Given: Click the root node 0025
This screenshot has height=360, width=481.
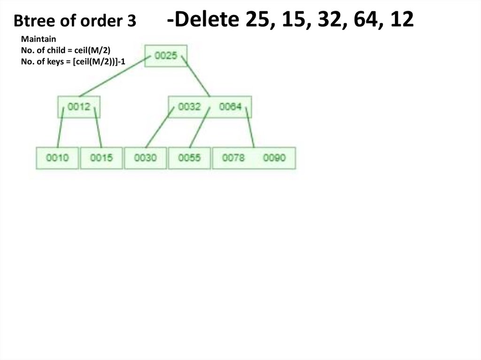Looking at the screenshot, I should click(166, 56).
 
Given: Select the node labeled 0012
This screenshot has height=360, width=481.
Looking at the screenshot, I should click(78, 107).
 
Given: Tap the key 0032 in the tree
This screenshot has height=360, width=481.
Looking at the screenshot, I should click(189, 107).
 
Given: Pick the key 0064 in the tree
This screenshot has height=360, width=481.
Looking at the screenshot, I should click(230, 107).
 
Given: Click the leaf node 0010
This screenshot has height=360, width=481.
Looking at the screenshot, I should click(57, 158).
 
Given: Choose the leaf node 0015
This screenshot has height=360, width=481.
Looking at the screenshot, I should click(101, 158).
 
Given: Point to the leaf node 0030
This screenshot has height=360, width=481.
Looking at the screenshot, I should click(145, 158).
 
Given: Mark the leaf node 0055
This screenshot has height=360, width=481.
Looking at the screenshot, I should click(189, 158).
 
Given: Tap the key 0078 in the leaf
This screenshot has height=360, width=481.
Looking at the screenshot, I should click(233, 158).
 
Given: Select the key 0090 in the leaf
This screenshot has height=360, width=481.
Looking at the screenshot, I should click(274, 158).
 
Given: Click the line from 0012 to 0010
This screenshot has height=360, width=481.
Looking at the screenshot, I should click(60, 128).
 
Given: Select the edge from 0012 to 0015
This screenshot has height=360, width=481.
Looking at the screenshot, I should click(98, 128).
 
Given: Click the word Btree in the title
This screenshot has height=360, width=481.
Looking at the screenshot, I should click(32, 21).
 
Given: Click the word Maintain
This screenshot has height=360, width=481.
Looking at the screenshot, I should click(39, 39).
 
